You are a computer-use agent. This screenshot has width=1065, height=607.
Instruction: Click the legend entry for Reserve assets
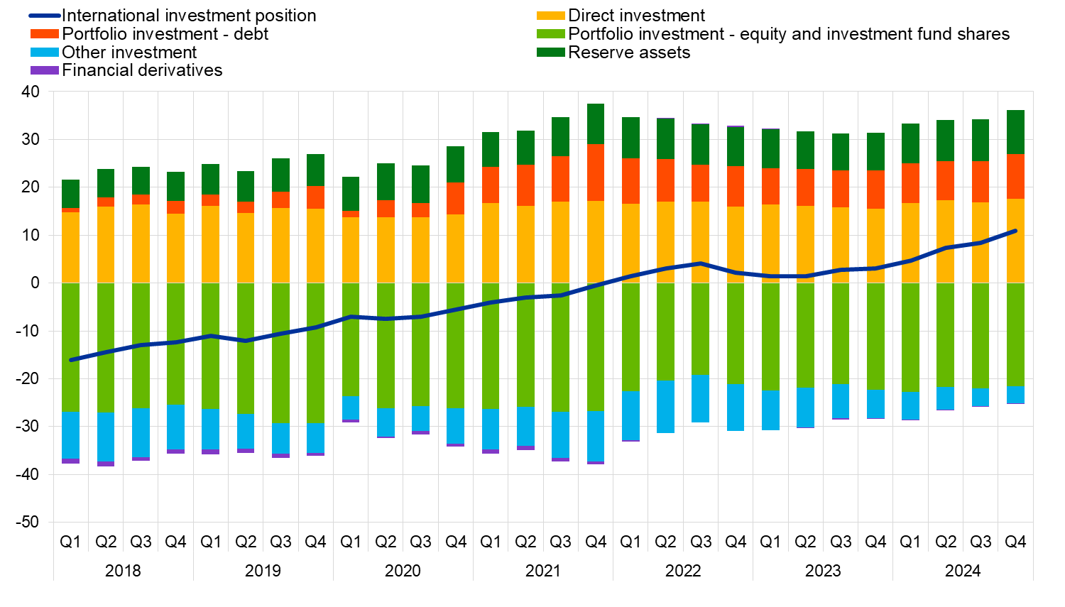629,53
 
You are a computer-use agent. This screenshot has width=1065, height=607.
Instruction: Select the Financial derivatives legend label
142,70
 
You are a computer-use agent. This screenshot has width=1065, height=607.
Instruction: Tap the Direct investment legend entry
636,16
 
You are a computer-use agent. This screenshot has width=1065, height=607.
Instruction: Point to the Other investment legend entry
129,53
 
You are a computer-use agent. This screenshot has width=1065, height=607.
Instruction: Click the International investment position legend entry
189,16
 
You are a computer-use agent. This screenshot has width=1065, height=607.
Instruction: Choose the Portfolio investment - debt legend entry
165,34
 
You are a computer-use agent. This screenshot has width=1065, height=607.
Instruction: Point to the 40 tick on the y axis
31,92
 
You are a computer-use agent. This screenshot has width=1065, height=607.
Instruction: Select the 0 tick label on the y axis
35,283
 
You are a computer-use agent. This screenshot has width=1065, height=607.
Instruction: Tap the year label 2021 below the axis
543,571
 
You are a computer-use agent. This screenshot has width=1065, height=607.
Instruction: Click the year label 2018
123,571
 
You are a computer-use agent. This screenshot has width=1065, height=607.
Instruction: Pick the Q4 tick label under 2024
1015,542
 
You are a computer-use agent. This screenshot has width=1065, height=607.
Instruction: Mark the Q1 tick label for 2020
351,542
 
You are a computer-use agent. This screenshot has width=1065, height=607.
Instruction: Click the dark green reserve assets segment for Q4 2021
596,124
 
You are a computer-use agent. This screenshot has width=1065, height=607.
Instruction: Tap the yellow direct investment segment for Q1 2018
71,247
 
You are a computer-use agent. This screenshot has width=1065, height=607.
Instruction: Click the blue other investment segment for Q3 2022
701,398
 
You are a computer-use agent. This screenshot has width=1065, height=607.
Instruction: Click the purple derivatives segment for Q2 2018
106,464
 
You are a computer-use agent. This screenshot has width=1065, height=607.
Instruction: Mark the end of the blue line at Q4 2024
1015,231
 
